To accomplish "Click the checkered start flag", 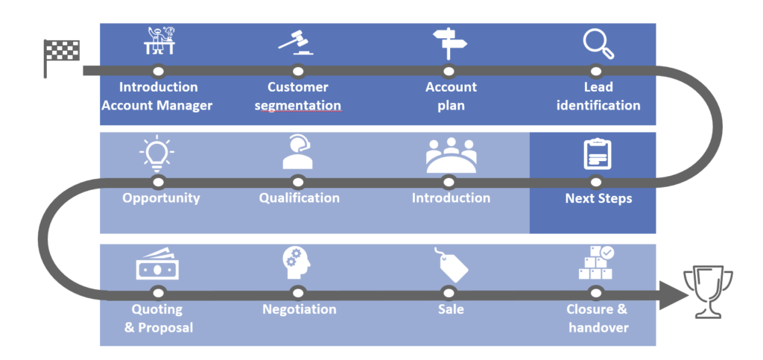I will (x=61, y=54).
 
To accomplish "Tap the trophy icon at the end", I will (x=707, y=293).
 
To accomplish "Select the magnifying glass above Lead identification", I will (x=598, y=44).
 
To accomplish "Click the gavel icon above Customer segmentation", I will (x=296, y=44).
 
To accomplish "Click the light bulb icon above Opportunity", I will (x=156, y=153).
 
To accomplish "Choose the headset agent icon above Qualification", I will (x=297, y=153).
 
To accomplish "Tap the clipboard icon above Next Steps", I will (x=596, y=154).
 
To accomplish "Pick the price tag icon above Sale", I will (x=452, y=265).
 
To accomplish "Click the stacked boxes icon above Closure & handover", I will (x=596, y=263).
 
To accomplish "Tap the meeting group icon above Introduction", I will (x=451, y=154).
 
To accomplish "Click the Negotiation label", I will (x=299, y=309).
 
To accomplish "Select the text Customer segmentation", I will (x=298, y=96).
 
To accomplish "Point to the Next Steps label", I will (x=598, y=198).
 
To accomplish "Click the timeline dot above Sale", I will (x=448, y=291).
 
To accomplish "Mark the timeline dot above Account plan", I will (x=449, y=71).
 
